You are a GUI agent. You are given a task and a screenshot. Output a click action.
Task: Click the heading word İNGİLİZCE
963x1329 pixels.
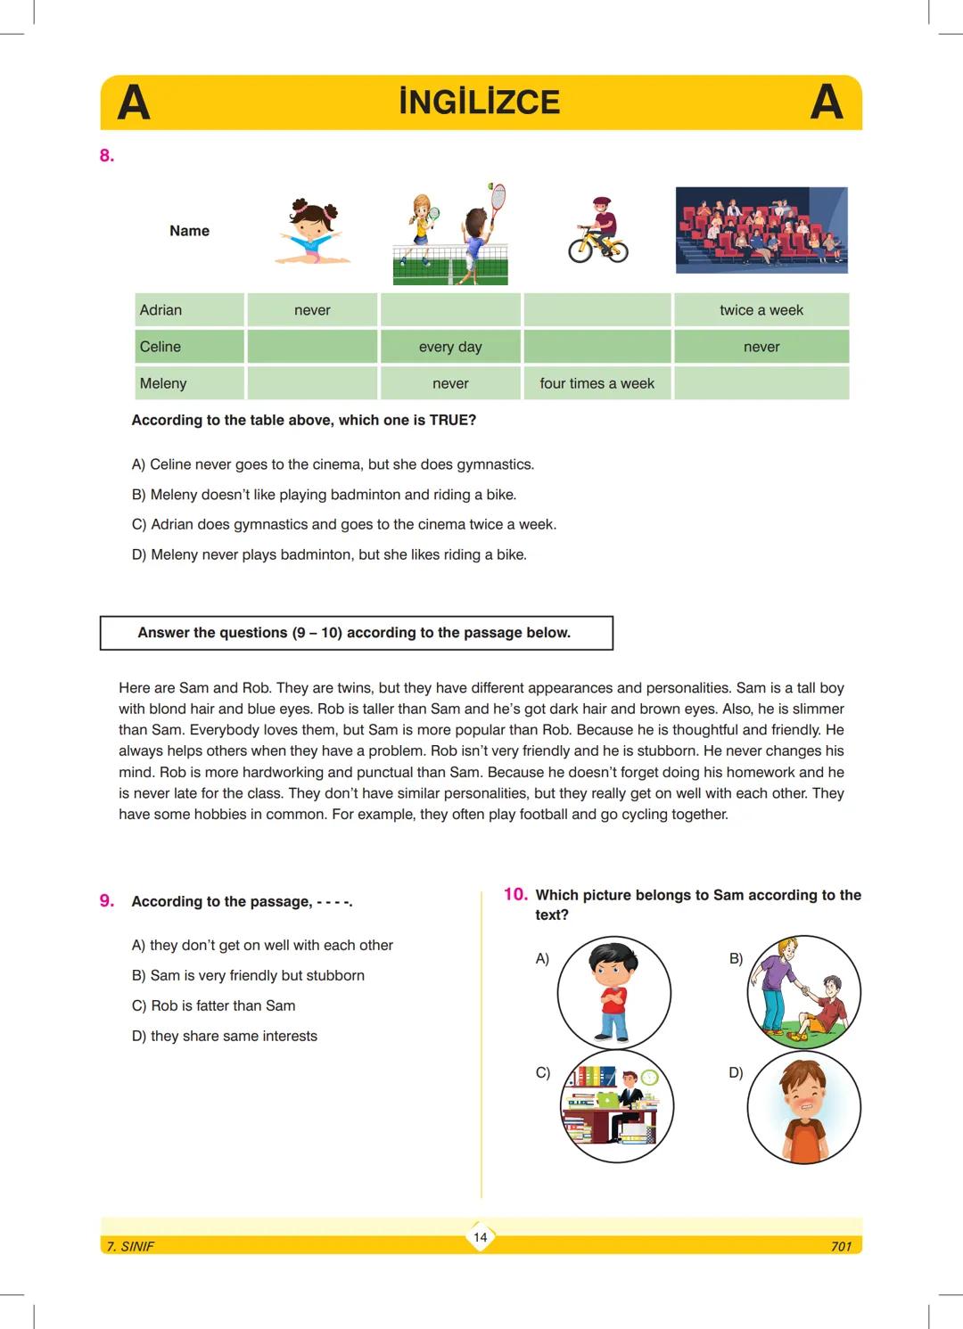[x=480, y=103]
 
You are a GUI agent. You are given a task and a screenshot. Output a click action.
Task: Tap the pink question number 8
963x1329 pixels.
[x=107, y=156]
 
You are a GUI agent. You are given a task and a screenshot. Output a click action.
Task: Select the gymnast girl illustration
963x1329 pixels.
[x=312, y=233]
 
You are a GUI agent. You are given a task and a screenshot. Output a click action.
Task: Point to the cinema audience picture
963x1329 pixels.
[x=761, y=230]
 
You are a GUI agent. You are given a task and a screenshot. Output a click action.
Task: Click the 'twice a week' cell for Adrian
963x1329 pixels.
[x=761, y=310]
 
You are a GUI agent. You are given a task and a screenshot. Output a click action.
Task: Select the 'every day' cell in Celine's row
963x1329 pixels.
[x=450, y=347]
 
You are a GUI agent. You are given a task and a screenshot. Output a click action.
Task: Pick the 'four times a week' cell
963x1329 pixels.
[x=597, y=383]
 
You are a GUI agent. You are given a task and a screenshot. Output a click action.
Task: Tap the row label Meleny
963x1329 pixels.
[x=163, y=383]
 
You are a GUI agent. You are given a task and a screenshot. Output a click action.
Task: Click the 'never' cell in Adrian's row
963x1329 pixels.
[x=312, y=310]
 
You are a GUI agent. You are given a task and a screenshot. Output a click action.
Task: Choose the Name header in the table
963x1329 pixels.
[x=189, y=231]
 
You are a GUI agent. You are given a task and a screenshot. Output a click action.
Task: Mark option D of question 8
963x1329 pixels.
[x=329, y=554]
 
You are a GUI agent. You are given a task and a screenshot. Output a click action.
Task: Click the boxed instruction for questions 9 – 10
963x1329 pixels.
[x=355, y=633]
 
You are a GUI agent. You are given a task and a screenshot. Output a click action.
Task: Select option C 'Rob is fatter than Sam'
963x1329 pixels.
[x=214, y=1005]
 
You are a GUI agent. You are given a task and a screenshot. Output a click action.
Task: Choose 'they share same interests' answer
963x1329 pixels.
[x=225, y=1036]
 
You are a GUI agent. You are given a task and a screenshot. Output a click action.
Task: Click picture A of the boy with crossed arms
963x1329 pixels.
[x=613, y=992]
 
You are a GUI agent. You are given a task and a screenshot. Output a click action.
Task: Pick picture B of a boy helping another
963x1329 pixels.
[x=803, y=991]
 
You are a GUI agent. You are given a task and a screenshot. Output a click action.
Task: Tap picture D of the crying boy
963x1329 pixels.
[x=803, y=1107]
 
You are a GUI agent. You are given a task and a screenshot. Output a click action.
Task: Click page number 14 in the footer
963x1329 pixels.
[x=481, y=1237]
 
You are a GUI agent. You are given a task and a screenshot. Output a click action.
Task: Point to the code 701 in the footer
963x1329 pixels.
[x=841, y=1246]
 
